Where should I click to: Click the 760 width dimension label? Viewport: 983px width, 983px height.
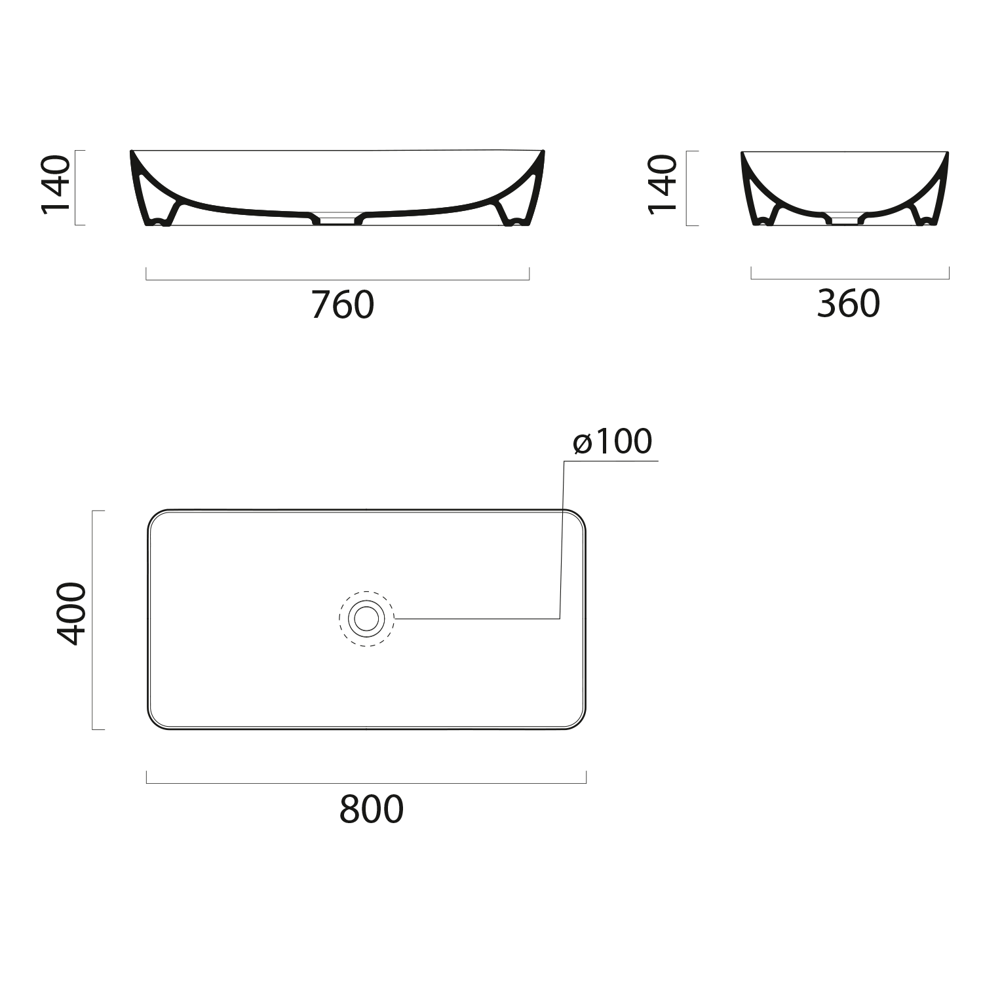pyautogui.click(x=343, y=304)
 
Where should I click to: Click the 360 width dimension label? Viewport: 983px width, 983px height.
pyautogui.click(x=849, y=303)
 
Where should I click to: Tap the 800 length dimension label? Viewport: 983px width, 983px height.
pyautogui.click(x=372, y=809)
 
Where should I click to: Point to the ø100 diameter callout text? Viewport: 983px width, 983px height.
pyautogui.click(x=613, y=441)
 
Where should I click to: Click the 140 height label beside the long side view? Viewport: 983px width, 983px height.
pyautogui.click(x=56, y=185)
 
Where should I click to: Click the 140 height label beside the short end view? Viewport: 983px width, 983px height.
pyautogui.click(x=663, y=185)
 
